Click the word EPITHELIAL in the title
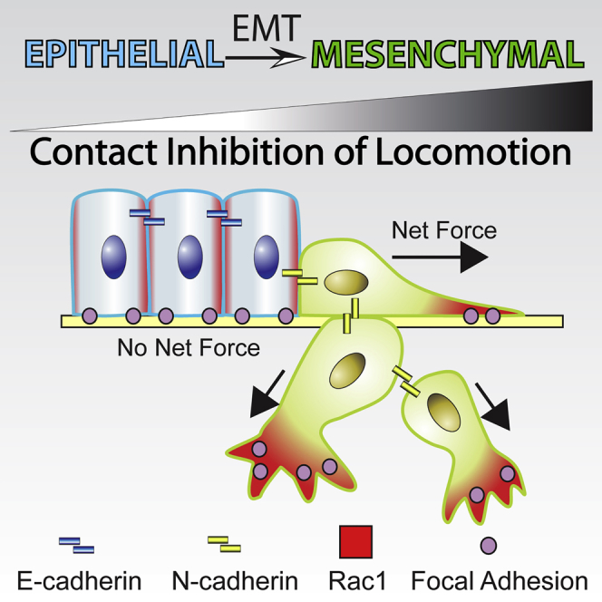124,54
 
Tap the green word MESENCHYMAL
448,54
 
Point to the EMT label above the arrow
267,28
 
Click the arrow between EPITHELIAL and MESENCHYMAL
266,58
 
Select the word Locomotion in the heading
472,152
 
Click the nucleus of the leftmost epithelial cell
114,257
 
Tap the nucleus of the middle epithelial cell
190,257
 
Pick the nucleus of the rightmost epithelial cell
267,257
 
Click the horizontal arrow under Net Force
440,257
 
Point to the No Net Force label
189,348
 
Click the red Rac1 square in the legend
356,542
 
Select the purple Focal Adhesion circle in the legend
489,545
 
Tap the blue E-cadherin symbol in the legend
76,545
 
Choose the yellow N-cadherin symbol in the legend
224,544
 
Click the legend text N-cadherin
235,581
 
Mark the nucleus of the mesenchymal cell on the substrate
346,283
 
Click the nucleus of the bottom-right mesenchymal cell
444,413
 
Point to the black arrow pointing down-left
267,394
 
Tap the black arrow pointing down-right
493,406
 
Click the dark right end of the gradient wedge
584,106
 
